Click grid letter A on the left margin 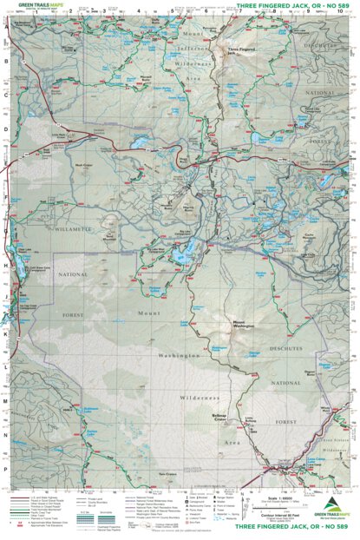pyautogui.click(x=6, y=26)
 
